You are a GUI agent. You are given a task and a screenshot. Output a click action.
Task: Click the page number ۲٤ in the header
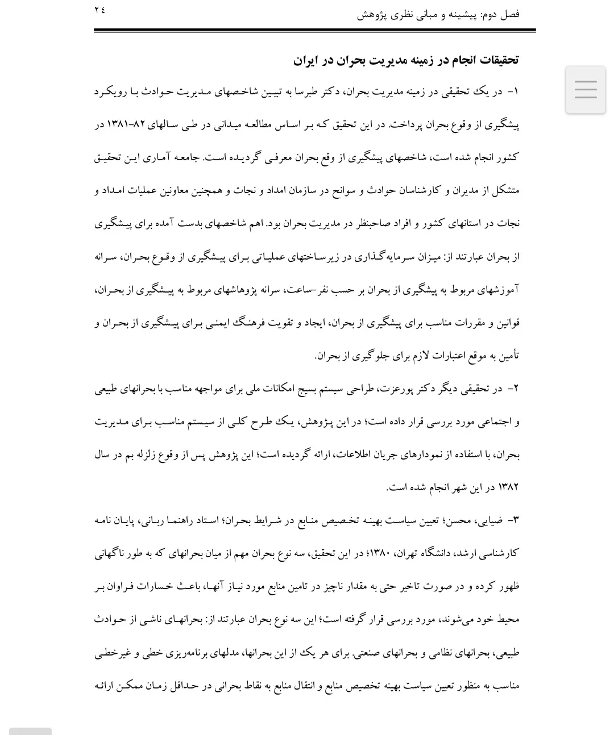tap(100, 10)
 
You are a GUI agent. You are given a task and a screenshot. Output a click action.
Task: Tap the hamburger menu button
tap(585, 90)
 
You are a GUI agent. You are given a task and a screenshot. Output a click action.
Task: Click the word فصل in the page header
tap(509, 14)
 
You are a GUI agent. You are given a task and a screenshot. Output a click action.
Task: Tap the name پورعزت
tap(400, 389)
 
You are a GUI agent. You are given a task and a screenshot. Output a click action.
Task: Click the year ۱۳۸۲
tap(508, 487)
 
